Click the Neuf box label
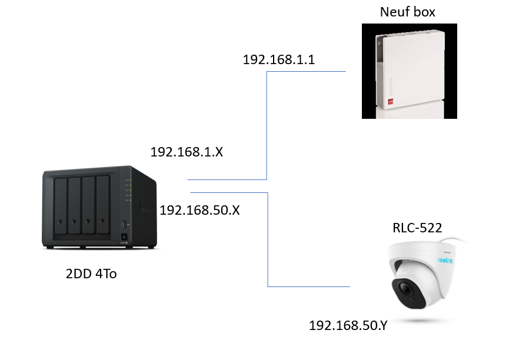click(408, 12)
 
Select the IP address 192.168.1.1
click(279, 60)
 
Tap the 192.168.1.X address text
click(187, 152)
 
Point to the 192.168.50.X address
click(199, 210)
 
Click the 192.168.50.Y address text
click(348, 325)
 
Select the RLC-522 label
click(417, 228)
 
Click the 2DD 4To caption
click(91, 274)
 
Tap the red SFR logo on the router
click(390, 101)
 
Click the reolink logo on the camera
click(445, 260)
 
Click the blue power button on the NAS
click(124, 237)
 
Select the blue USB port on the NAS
click(125, 224)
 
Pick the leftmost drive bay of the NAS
click(61, 205)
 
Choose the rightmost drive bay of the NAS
click(102, 204)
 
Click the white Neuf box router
click(410, 70)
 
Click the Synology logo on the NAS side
click(145, 210)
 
